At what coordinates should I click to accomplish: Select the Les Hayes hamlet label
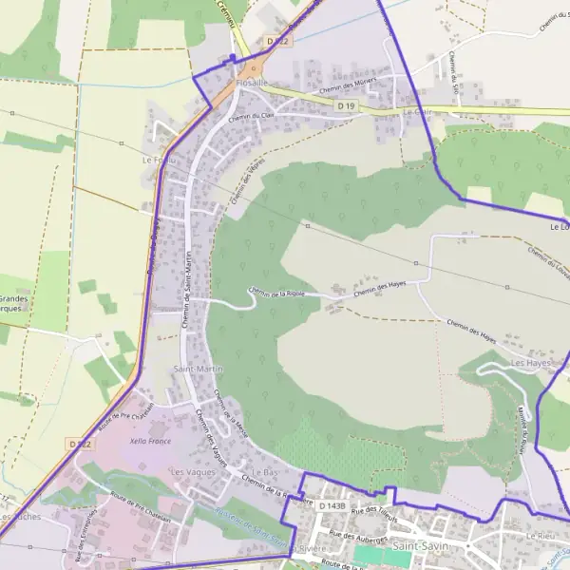(531, 363)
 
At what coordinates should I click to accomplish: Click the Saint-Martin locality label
(197, 368)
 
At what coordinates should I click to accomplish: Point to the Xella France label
(152, 442)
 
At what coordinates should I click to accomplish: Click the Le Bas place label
(263, 471)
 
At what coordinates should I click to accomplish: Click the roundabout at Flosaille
(254, 68)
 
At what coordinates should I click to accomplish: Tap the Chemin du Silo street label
(453, 73)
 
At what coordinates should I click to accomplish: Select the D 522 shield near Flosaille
(276, 42)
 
